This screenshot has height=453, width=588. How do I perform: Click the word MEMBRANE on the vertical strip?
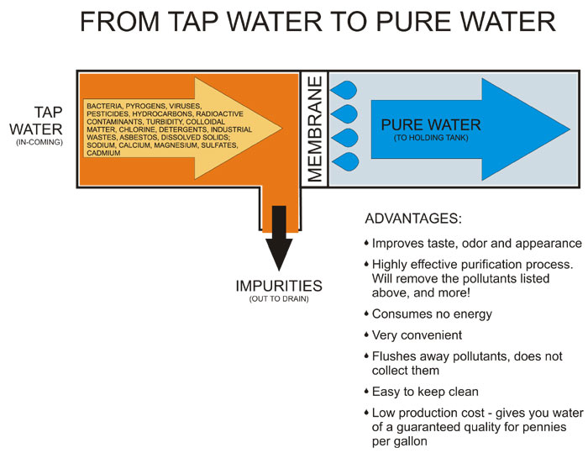(314, 129)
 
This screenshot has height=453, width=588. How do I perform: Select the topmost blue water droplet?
(346, 89)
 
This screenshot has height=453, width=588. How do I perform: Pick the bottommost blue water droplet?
(346, 161)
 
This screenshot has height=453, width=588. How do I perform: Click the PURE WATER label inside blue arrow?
(430, 125)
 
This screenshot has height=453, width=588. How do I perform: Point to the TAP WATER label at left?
(36, 120)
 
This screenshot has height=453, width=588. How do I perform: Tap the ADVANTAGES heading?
(412, 219)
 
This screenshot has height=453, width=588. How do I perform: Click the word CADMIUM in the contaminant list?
(102, 153)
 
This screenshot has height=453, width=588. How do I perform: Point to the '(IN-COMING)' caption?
(39, 141)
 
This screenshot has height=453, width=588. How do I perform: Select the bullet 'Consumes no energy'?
(432, 313)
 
